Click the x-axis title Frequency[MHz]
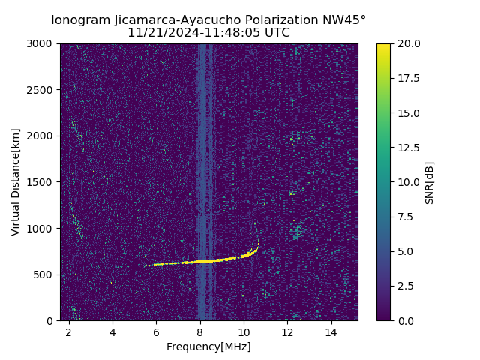[x=208, y=346]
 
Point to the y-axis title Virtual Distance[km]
[x=16, y=182]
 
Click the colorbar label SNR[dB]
[x=430, y=182]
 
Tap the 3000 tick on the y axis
[x=43, y=43]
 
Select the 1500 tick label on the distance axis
[x=43, y=182]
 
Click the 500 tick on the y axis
[x=45, y=274]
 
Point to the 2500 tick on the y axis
[x=43, y=90]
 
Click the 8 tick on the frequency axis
[x=200, y=331]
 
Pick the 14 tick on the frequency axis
[x=331, y=331]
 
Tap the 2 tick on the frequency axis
[x=69, y=331]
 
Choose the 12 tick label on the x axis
[x=287, y=331]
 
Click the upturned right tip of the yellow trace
[x=258, y=241]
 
